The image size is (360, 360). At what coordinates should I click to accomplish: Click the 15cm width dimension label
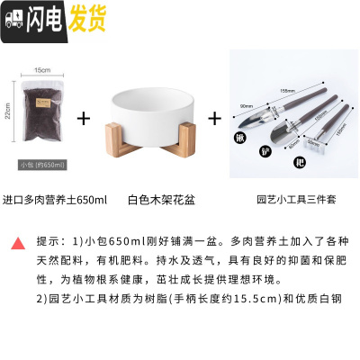click(x=41, y=69)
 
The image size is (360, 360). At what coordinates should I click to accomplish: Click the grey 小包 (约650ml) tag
click(x=41, y=165)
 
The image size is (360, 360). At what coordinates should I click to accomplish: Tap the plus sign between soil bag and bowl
click(x=84, y=118)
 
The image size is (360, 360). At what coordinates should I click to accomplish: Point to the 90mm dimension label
click(x=246, y=105)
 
